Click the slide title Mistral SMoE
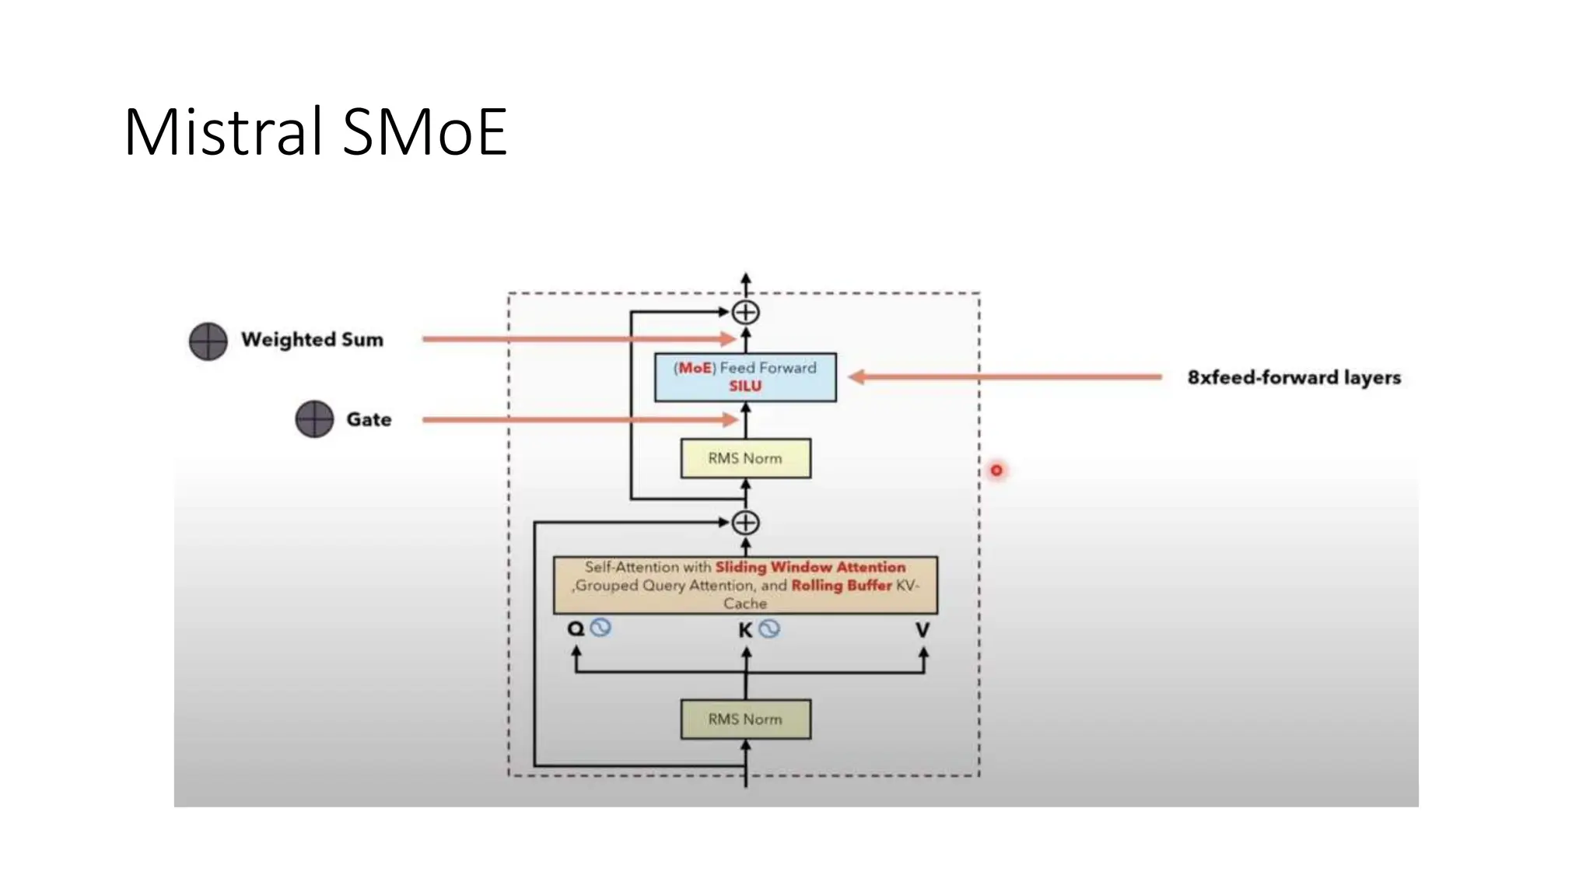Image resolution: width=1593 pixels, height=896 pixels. [x=315, y=132]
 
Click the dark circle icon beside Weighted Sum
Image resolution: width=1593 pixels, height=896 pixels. [x=208, y=341]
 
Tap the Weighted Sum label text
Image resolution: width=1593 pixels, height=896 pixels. [x=312, y=340]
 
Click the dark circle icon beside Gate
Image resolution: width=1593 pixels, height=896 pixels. [x=314, y=419]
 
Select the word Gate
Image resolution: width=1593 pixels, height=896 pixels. [x=369, y=419]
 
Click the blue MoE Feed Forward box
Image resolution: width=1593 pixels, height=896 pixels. [x=745, y=377]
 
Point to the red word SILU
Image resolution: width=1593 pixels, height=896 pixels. [x=745, y=387]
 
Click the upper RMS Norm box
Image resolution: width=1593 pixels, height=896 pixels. [x=745, y=458]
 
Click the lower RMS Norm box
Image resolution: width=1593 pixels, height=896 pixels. [x=745, y=719]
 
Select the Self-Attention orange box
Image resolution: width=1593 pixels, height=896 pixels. [x=745, y=585]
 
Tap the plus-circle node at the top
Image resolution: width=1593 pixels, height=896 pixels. [x=745, y=313]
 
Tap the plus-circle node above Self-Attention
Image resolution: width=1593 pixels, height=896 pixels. [x=745, y=523]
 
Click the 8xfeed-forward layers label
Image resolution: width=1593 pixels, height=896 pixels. [x=1294, y=377]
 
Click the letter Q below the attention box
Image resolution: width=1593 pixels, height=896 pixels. [x=576, y=628]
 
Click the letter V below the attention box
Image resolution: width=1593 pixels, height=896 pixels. [x=923, y=630]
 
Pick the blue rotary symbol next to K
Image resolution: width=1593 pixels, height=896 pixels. [x=769, y=628]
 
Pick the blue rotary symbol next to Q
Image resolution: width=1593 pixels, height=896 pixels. [x=600, y=627]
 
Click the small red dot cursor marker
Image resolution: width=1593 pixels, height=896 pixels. [x=996, y=471]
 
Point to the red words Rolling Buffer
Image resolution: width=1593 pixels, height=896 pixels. [x=841, y=586]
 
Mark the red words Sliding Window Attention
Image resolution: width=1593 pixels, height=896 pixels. [x=810, y=567]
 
